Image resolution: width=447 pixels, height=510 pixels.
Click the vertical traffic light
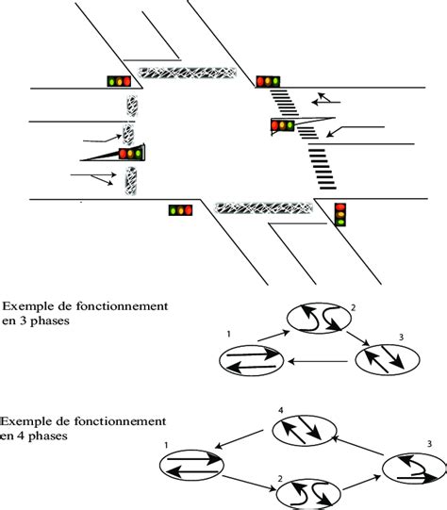[x=341, y=214]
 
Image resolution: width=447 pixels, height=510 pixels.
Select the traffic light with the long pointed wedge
[x=130, y=153]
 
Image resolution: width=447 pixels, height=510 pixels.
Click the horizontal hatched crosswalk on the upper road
[x=186, y=72]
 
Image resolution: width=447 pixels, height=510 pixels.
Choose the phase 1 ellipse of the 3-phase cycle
[x=251, y=359]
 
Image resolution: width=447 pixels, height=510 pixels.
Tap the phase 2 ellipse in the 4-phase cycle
[x=307, y=493]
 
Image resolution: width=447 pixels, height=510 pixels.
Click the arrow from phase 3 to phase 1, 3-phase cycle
[x=321, y=360]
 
